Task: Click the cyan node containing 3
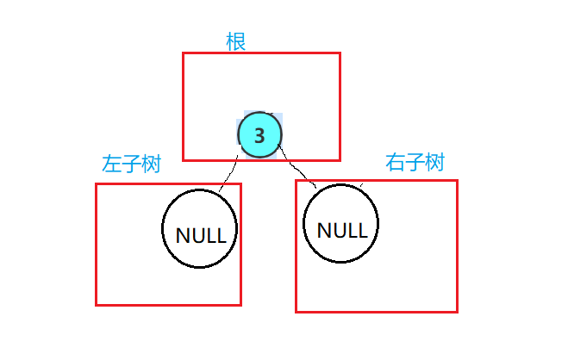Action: point(259,135)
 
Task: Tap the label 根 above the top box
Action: point(235,41)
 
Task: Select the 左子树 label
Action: point(131,164)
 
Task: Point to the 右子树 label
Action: point(415,162)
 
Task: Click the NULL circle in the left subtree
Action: point(200,230)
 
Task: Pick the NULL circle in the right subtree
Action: point(341,225)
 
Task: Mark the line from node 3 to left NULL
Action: point(229,173)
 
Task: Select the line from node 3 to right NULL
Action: point(298,171)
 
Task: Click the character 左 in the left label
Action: point(111,164)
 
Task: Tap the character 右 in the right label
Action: point(396,162)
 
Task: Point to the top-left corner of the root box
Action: point(183,53)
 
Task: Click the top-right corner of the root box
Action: point(340,53)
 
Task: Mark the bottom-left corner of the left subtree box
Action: point(96,304)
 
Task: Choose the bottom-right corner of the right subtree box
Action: point(457,311)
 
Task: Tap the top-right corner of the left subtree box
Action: point(240,183)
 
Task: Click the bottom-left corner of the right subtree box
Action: point(296,311)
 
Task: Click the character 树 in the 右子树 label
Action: point(434,162)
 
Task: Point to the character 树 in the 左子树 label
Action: point(152,164)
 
